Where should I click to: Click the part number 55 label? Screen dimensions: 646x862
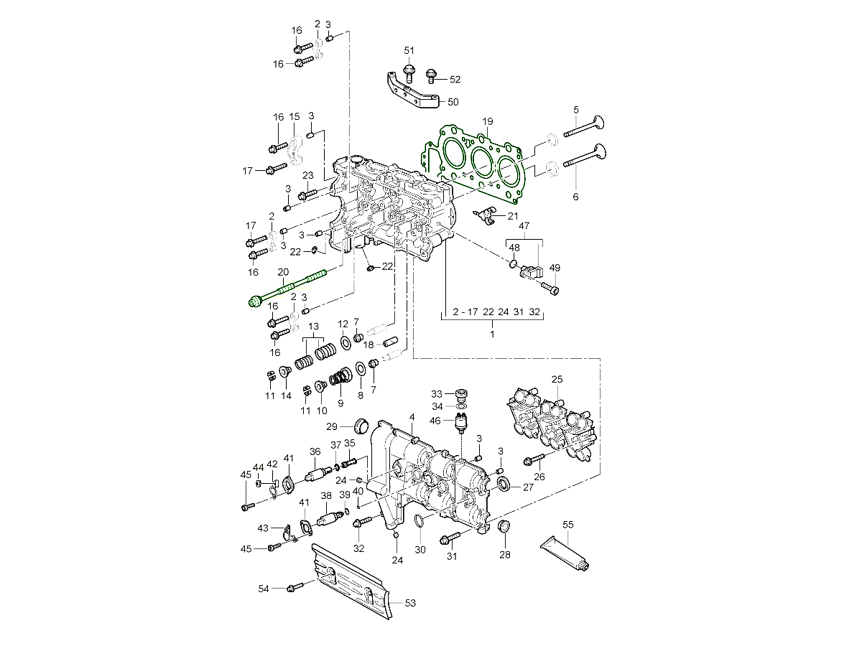[x=567, y=525]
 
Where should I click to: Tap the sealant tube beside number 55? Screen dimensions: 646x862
[x=565, y=556]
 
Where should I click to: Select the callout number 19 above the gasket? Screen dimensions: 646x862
[x=487, y=121]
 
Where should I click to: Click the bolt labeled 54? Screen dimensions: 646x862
[x=293, y=588]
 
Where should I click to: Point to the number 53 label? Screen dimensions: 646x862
[x=410, y=603]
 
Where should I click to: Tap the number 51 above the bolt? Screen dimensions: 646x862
[x=409, y=50]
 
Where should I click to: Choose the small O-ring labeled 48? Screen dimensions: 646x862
[x=513, y=264]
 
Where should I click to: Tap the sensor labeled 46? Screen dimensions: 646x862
[x=462, y=424]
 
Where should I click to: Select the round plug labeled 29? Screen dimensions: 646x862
[x=364, y=426]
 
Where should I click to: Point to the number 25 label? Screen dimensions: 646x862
[x=557, y=378]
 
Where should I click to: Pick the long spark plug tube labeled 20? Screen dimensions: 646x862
[x=287, y=289]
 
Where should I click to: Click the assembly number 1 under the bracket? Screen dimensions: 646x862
[x=492, y=334]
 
